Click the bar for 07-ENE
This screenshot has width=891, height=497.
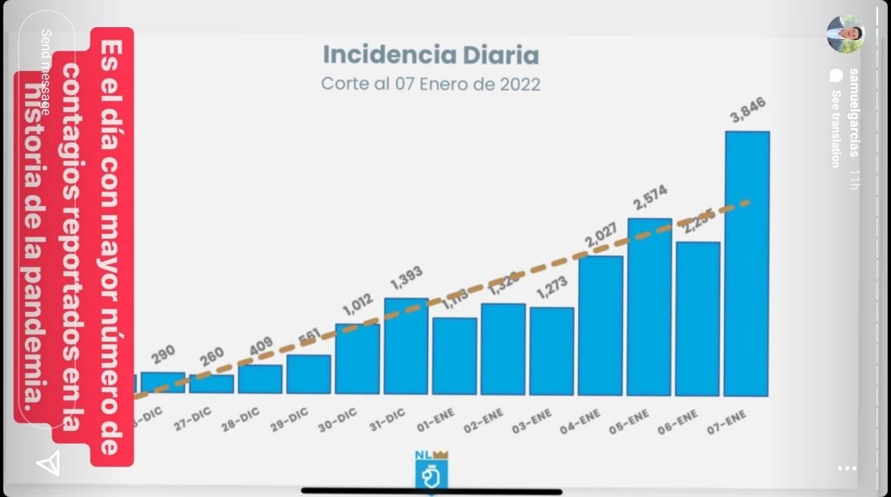pyautogui.click(x=747, y=264)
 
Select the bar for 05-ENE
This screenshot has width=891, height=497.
pyautogui.click(x=649, y=307)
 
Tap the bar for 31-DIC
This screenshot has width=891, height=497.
pyautogui.click(x=406, y=346)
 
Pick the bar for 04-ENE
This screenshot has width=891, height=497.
pyautogui.click(x=601, y=326)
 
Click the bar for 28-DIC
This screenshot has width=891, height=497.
pyautogui.click(x=260, y=379)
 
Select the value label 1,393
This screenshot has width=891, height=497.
pyautogui.click(x=406, y=278)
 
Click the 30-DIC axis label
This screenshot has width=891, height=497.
pyautogui.click(x=338, y=420)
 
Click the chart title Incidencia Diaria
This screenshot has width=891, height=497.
pyautogui.click(x=430, y=54)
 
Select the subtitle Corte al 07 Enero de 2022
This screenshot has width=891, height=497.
pyautogui.click(x=430, y=84)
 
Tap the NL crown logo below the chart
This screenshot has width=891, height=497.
pyautogui.click(x=432, y=471)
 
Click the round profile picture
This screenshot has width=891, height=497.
pyautogui.click(x=846, y=33)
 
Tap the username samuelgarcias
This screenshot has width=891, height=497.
pyautogui.click(x=853, y=112)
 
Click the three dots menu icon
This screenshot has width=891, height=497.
pyautogui.click(x=847, y=468)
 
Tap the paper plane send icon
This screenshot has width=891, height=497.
pyautogui.click(x=48, y=464)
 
